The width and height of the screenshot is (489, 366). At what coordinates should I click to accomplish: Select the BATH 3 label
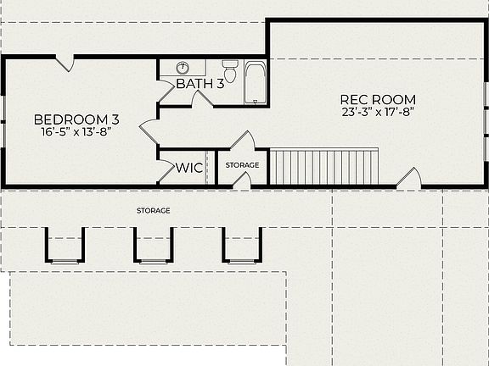click(x=200, y=83)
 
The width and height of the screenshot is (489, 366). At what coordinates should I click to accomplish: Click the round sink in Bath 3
click(x=183, y=68)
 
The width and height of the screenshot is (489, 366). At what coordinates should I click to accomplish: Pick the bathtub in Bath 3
click(x=256, y=82)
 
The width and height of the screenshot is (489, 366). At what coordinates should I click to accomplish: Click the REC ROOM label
click(x=379, y=99)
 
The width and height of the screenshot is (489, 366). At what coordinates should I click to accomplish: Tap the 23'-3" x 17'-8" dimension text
click(x=379, y=113)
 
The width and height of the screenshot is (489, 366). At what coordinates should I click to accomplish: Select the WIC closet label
click(x=188, y=168)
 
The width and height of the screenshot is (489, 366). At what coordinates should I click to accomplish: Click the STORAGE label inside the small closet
click(x=242, y=166)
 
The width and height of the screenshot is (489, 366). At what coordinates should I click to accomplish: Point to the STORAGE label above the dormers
click(x=154, y=210)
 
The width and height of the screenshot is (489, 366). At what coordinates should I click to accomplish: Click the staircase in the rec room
click(x=323, y=167)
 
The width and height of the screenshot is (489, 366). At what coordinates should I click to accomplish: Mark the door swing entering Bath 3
click(x=201, y=99)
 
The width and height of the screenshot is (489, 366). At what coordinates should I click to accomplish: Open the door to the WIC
click(x=166, y=171)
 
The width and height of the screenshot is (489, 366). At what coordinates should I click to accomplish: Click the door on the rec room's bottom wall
click(x=409, y=179)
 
